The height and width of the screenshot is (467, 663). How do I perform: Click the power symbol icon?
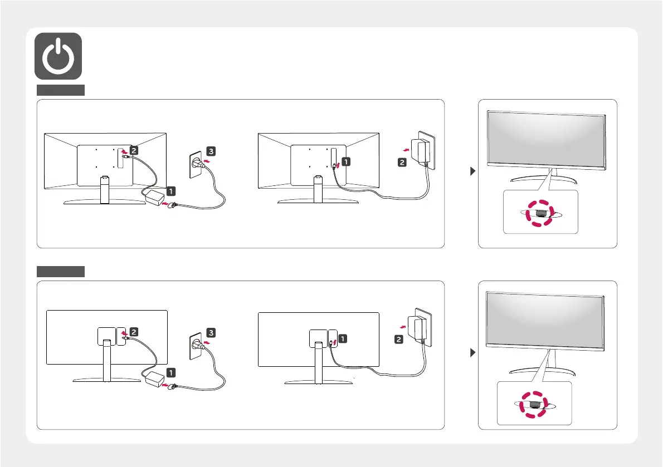point(58,56)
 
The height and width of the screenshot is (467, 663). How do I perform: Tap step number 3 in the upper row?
point(210,151)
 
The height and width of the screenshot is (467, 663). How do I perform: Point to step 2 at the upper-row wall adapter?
point(401,162)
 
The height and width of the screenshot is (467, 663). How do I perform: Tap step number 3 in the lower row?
point(210,332)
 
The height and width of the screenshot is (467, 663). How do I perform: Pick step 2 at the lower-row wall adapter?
point(399,339)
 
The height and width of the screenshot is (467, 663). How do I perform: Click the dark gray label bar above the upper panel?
point(61,90)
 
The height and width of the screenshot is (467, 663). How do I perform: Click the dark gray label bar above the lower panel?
point(61,272)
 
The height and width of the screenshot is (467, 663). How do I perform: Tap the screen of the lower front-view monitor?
point(545,321)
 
